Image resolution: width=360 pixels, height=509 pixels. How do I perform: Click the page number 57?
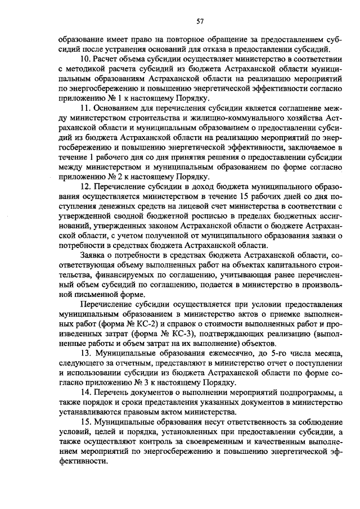pos(200,21)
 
